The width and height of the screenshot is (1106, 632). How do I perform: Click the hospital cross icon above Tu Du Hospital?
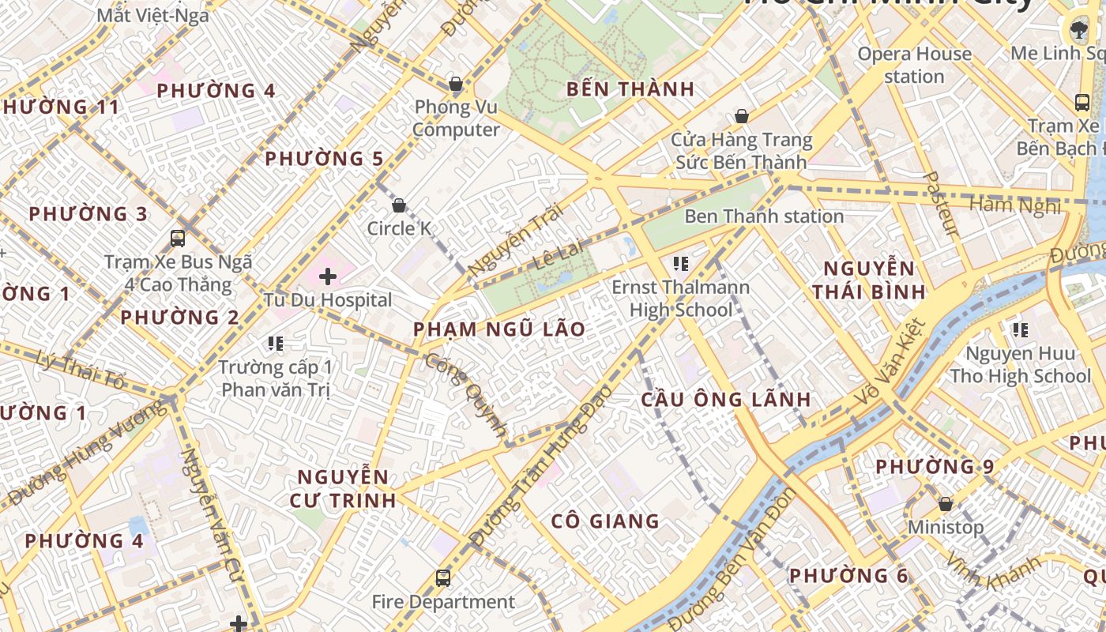[328, 276]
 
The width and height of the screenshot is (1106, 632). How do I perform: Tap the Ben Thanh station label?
[764, 216]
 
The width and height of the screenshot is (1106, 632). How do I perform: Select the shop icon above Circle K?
[399, 205]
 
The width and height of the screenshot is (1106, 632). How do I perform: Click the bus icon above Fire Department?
[443, 578]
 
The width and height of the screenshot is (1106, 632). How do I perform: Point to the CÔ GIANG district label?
[605, 521]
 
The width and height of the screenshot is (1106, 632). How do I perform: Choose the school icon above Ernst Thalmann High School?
[680, 263]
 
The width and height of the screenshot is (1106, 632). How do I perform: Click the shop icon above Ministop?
[945, 504]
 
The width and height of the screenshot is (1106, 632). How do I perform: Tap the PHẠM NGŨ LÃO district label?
[499, 329]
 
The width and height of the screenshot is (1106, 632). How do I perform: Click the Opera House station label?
[914, 65]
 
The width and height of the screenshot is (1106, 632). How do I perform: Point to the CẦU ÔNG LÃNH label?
[725, 399]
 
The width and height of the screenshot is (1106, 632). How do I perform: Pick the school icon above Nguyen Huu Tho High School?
[1020, 329]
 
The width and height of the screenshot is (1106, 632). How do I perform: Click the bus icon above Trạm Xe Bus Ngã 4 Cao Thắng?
[178, 238]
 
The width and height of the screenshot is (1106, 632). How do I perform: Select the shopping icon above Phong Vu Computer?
[455, 84]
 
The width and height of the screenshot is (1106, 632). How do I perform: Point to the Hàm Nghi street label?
[1014, 205]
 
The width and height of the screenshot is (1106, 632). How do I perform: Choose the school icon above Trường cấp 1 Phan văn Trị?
[275, 343]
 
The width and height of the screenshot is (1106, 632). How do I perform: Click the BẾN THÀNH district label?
[630, 89]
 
